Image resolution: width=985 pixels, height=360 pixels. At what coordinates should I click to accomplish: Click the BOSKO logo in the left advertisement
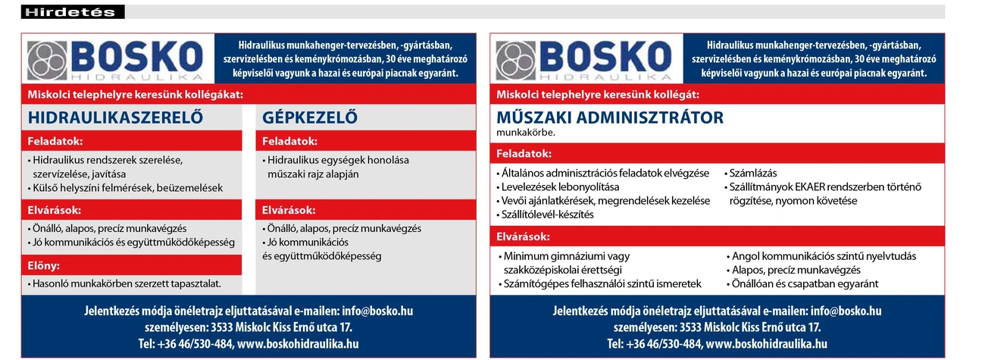(x=115, y=60)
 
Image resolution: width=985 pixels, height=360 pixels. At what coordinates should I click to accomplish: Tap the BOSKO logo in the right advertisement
(x=583, y=60)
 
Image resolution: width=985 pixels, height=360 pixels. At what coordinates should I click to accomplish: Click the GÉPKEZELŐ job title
(x=309, y=118)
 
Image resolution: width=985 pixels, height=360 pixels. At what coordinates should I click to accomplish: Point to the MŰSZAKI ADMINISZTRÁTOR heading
(x=610, y=118)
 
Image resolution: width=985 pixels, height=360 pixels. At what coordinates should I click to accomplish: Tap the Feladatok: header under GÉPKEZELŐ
(x=290, y=142)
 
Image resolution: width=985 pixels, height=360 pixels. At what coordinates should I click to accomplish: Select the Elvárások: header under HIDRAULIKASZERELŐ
(x=55, y=210)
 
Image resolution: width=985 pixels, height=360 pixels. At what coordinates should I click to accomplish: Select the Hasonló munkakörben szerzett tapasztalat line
(x=127, y=283)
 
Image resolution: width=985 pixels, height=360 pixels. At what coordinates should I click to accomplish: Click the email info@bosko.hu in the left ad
(x=377, y=311)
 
